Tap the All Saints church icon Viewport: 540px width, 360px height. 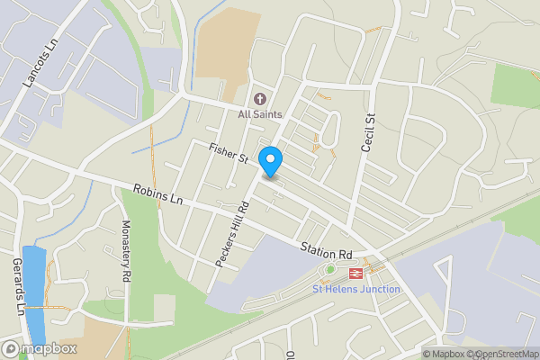pos(260,100)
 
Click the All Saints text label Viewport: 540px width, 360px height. pos(260,114)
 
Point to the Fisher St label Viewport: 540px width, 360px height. pos(228,153)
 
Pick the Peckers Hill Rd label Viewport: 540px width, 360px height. pos(231,231)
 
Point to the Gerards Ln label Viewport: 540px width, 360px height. pos(17,285)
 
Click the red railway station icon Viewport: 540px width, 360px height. pos(355,270)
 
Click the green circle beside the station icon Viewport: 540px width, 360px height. pos(330,270)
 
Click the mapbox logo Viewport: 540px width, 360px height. pos(40,348)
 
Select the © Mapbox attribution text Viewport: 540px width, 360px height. pos(443,354)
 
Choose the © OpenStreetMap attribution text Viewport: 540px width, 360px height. pos(502,354)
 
